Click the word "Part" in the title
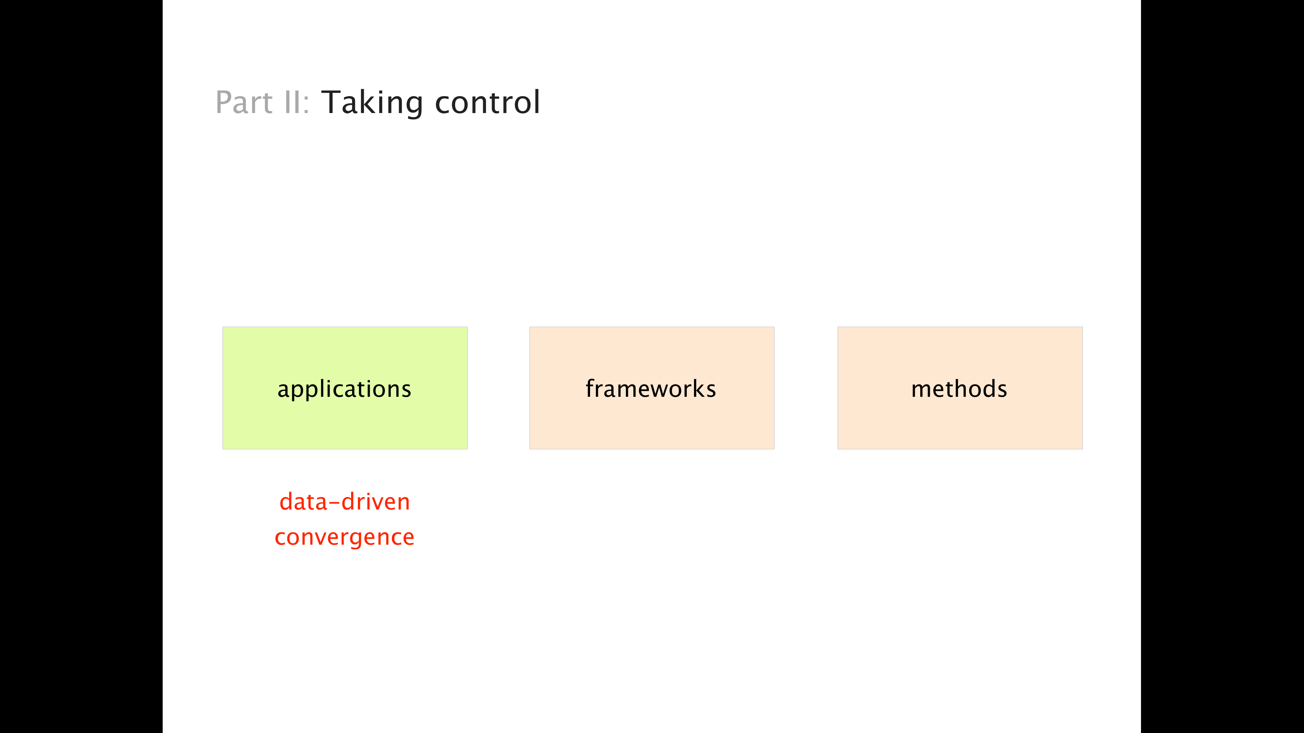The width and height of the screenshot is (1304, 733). coord(244,102)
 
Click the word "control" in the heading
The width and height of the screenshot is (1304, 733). coord(487,102)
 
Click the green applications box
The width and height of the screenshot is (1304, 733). coord(345,388)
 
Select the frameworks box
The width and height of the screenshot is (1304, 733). coord(651,388)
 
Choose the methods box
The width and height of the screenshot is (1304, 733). coord(960,388)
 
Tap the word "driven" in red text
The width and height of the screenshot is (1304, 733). coord(376,502)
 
